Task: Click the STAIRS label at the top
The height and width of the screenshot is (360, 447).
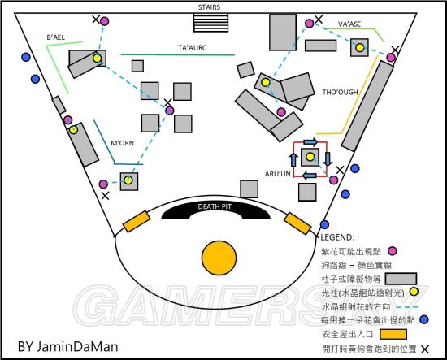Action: [209, 7]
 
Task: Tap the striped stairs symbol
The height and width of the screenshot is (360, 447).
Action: [210, 23]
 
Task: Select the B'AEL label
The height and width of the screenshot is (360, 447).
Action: [55, 37]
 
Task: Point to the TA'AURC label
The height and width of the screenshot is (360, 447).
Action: [192, 48]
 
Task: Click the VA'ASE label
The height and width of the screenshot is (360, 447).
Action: [349, 24]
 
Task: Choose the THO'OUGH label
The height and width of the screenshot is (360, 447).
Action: [340, 92]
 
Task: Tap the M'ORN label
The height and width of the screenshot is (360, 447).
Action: [122, 143]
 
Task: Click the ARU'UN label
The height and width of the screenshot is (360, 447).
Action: [278, 174]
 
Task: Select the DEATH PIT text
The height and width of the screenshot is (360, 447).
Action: [215, 206]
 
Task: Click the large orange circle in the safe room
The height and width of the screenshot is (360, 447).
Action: [219, 258]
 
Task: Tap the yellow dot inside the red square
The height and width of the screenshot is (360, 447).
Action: [310, 157]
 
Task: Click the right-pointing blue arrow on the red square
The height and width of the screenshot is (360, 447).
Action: [310, 141]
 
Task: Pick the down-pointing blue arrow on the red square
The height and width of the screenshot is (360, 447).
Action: [328, 158]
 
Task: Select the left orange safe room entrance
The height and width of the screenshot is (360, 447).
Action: [137, 221]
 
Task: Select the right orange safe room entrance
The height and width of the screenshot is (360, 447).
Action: [297, 223]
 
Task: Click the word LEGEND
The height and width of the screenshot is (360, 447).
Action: [337, 237]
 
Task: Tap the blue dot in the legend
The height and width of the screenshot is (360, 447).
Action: [424, 319]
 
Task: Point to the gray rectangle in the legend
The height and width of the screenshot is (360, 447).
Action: [401, 279]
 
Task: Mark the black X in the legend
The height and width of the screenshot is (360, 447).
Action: [425, 349]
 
